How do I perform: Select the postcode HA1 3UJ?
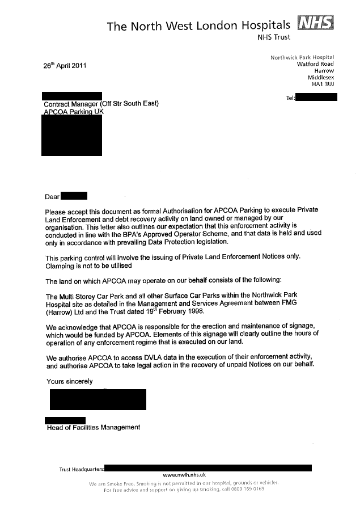[x=323, y=85]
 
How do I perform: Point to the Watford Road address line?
[x=315, y=64]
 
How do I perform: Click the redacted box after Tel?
[x=317, y=98]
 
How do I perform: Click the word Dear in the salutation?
[x=52, y=197]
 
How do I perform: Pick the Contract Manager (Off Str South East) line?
[x=101, y=103]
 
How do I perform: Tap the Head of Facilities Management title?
[x=93, y=427]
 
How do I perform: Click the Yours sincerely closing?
[x=69, y=381]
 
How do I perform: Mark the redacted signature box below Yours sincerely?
[x=98, y=399]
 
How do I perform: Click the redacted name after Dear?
[x=74, y=196]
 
